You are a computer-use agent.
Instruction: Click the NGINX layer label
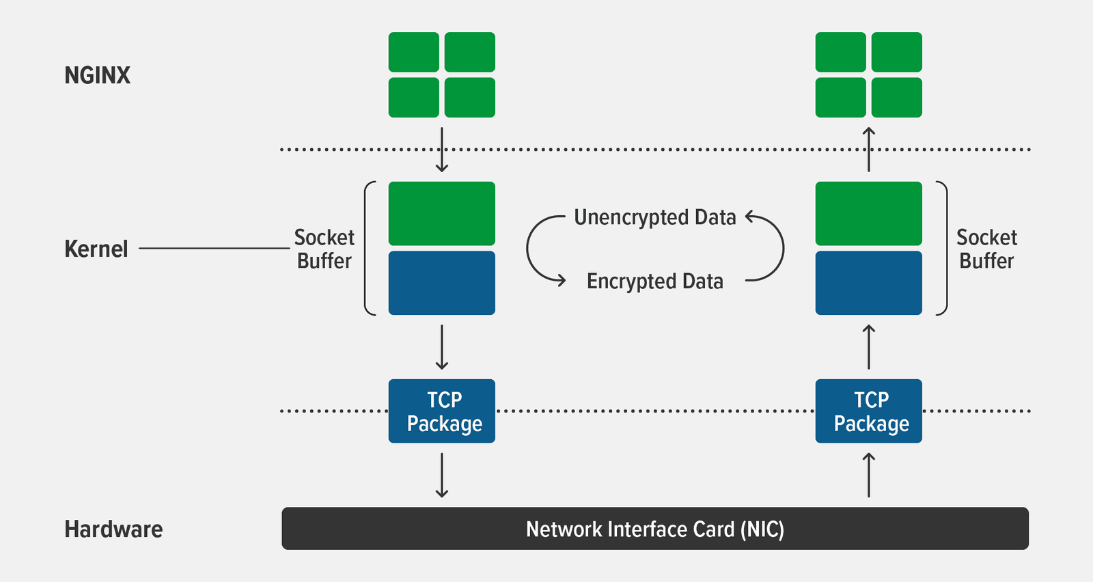click(x=97, y=75)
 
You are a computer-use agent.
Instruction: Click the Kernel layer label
click(x=96, y=249)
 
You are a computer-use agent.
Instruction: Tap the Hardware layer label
click(x=113, y=529)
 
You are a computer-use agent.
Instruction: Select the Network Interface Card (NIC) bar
click(x=654, y=529)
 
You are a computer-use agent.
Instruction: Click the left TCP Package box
click(x=442, y=411)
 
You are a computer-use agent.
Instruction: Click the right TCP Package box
click(x=868, y=411)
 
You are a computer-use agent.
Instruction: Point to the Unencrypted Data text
click(x=654, y=217)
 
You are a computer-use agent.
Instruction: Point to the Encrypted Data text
click(x=654, y=281)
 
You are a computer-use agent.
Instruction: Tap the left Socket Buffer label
click(x=324, y=249)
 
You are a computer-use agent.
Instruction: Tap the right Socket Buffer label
click(x=986, y=249)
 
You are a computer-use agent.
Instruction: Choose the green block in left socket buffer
click(x=442, y=214)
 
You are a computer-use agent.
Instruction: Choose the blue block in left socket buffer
click(x=442, y=283)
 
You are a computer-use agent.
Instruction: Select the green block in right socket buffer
click(x=868, y=214)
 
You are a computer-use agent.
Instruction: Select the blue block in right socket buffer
click(x=868, y=283)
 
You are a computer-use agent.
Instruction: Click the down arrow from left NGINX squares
click(x=442, y=150)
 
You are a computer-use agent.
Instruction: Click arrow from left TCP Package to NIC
click(x=442, y=475)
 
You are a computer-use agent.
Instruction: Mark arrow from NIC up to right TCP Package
click(x=868, y=475)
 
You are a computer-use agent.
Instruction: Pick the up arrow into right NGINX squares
click(x=868, y=150)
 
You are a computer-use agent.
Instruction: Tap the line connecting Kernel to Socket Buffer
click(x=214, y=249)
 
